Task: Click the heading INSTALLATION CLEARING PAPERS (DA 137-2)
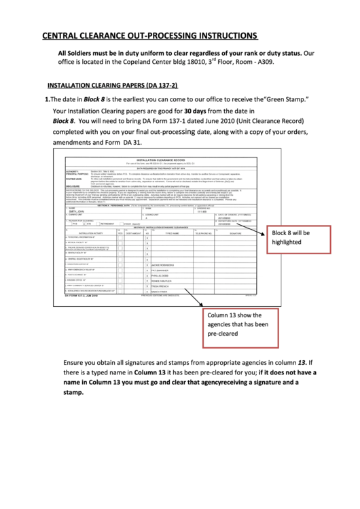point(112,86)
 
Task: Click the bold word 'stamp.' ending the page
point(73,392)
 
